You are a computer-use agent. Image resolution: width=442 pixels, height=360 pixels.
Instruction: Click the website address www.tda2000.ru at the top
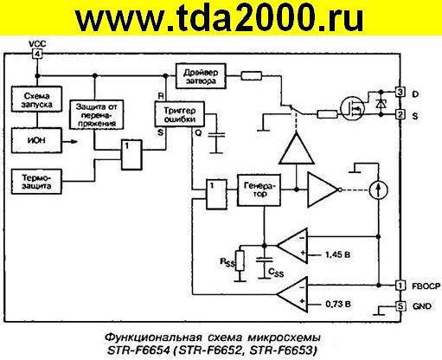point(221,19)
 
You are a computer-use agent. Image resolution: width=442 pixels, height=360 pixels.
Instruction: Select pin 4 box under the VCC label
point(36,54)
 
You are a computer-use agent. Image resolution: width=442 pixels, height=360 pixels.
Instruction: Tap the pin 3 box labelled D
point(400,91)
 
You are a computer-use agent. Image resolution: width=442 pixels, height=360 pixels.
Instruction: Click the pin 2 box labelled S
point(400,113)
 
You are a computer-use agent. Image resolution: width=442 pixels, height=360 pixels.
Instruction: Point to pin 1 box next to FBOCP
point(400,285)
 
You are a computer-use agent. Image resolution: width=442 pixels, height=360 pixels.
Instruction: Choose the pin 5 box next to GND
point(400,305)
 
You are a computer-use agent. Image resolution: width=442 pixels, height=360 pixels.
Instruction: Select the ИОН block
point(34,138)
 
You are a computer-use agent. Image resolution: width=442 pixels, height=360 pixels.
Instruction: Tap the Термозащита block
point(35,183)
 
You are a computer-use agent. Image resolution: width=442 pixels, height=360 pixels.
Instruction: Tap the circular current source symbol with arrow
point(374,189)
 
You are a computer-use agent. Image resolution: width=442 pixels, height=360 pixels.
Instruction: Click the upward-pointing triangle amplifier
point(293,150)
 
